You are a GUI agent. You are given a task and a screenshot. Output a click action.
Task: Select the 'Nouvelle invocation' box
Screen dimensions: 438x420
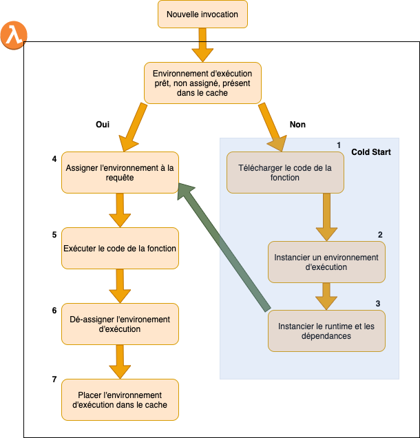pos(202,14)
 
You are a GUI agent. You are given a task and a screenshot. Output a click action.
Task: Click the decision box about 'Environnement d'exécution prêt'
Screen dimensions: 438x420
pos(202,83)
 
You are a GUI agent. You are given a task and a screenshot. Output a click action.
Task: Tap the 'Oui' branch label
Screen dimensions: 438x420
pos(102,125)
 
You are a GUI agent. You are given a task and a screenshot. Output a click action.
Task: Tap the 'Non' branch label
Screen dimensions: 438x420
pos(297,125)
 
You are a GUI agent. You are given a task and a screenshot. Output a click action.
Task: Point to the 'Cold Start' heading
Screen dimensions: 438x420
pos(371,152)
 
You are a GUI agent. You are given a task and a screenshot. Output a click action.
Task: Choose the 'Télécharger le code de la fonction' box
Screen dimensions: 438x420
pos(285,172)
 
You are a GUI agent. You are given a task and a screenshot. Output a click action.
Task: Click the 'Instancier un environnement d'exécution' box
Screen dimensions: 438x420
pos(326,262)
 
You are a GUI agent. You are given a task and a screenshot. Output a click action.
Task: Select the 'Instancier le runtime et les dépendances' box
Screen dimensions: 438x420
pos(326,331)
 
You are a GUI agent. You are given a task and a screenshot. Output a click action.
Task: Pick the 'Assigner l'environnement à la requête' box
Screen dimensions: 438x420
pos(120,172)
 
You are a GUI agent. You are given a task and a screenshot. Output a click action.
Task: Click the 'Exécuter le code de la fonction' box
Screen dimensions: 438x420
pos(120,249)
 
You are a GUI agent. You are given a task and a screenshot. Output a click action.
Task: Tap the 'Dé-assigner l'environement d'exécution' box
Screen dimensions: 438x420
pos(120,324)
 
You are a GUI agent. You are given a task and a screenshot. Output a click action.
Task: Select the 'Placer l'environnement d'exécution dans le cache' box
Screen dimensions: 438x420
pos(120,400)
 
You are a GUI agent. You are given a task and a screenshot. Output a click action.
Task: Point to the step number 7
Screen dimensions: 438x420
pos(54,380)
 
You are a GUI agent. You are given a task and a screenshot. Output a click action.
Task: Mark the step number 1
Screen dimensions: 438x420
pos(339,145)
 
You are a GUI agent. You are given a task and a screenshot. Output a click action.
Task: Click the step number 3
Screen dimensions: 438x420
pos(377,303)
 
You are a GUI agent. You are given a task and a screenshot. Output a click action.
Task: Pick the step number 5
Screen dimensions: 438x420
pos(54,235)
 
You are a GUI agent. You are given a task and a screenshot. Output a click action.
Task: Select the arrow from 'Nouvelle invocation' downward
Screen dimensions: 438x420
pos(202,45)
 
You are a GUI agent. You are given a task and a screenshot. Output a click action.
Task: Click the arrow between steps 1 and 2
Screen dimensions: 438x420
pos(326,215)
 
